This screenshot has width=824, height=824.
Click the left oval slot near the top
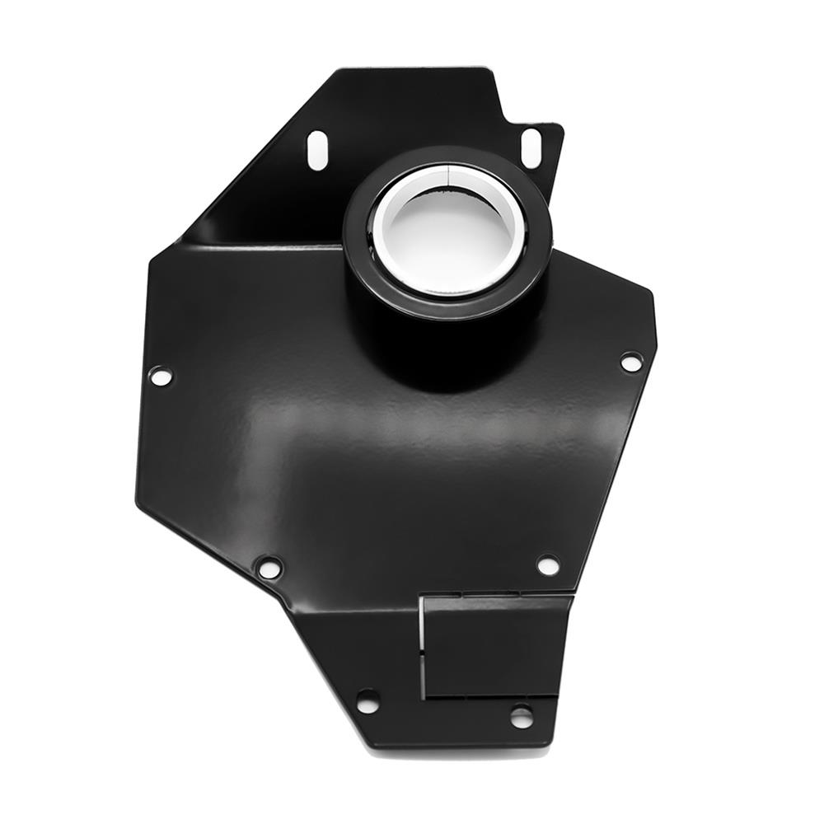tap(317, 150)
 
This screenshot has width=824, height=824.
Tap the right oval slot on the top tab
tap(531, 147)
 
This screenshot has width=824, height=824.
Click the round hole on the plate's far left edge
tap(160, 376)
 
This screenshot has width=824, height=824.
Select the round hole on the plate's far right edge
tap(631, 361)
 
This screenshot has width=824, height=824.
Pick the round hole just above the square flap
tap(548, 564)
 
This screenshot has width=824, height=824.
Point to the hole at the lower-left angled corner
tap(269, 567)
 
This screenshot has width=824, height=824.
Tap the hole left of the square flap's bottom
tap(368, 701)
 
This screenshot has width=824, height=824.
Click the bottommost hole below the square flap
tap(521, 716)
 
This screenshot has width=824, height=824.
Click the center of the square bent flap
tap(494, 647)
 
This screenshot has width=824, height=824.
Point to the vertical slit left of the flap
tap(423, 647)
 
